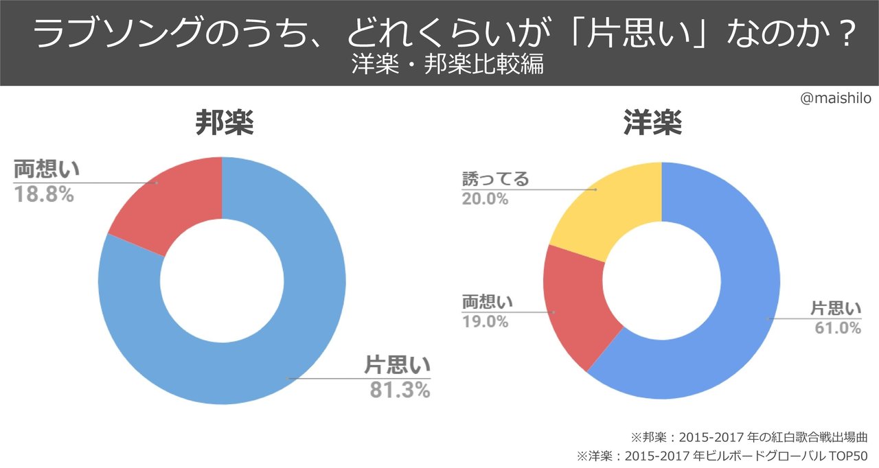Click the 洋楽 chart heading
point(652,124)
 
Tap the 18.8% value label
point(43,195)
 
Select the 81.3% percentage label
point(400,390)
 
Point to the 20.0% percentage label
point(485,200)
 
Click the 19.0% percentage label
point(485,321)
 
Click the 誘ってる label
point(494,180)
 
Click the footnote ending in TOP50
point(724,456)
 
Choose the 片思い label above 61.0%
point(836,309)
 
